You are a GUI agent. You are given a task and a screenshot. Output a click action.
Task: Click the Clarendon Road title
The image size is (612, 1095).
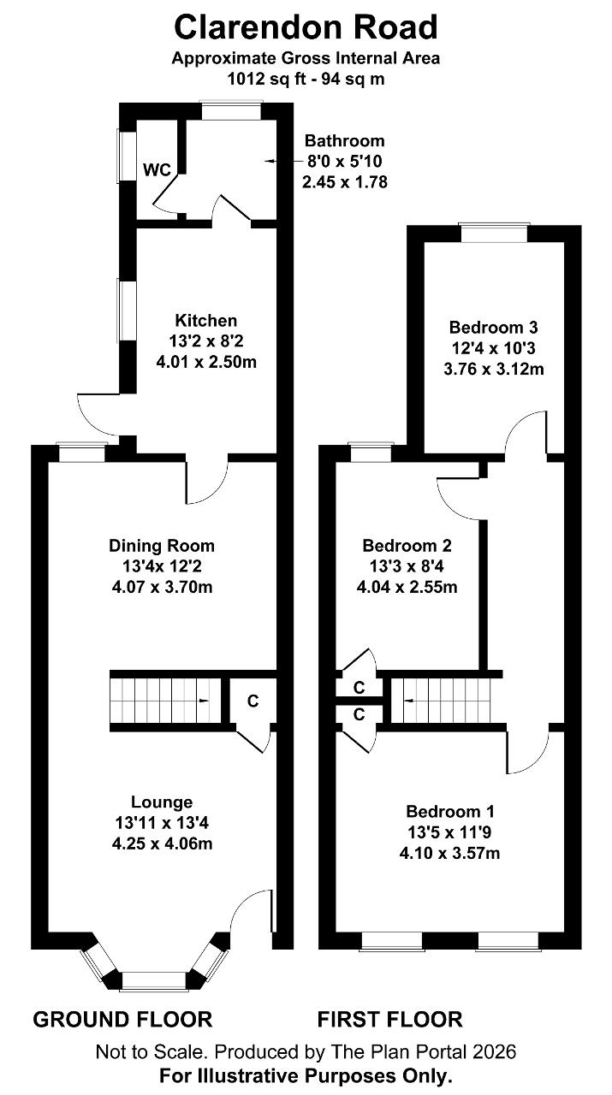coord(306,27)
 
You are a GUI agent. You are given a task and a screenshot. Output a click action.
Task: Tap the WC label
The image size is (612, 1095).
coord(157,170)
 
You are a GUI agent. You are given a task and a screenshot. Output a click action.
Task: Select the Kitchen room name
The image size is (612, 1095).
coord(206,321)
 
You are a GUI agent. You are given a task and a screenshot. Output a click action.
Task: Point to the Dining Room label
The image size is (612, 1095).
coord(162,546)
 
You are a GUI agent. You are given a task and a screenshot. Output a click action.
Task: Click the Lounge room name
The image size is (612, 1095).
coord(162,802)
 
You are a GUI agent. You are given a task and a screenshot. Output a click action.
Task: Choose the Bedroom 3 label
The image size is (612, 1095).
coord(493,327)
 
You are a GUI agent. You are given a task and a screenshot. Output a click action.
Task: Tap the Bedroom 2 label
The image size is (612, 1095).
coord(407,545)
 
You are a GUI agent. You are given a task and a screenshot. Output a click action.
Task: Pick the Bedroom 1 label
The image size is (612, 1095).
coord(450,812)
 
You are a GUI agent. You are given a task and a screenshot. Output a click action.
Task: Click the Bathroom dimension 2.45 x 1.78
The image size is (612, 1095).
coord(345,182)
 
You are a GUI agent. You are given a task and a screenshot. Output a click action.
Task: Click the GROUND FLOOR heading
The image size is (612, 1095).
coord(122,1020)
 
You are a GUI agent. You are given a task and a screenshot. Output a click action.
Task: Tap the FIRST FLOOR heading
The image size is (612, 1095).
coord(390,1020)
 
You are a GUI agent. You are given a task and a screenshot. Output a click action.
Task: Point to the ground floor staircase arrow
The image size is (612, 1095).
coord(203,701)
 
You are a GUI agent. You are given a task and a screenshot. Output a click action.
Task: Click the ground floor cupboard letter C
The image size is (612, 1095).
coord(253,701)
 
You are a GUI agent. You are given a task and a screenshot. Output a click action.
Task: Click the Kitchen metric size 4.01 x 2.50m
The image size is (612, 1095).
coord(206,362)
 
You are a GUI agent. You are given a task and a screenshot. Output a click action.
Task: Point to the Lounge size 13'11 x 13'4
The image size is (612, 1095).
coord(162,823)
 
